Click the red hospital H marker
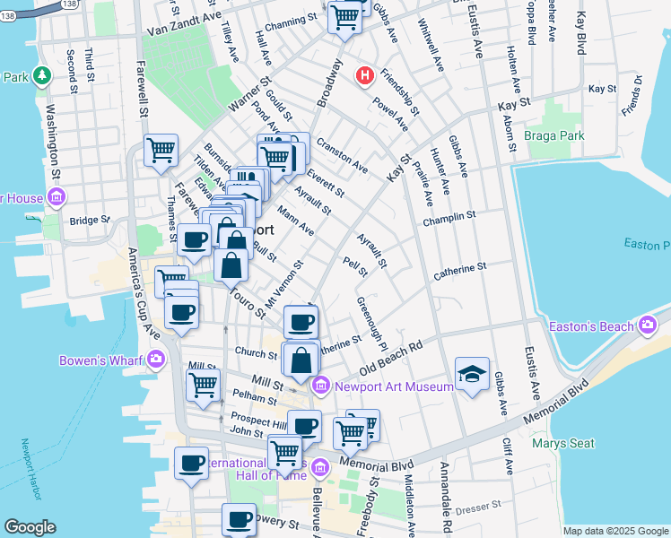point(364,75)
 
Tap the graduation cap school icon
point(472,373)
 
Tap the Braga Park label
point(554,135)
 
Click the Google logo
point(30,527)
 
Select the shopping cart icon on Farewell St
point(161,150)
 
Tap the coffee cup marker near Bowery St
point(239,519)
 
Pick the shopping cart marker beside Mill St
point(204,386)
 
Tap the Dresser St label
point(480,507)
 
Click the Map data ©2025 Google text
point(614,531)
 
